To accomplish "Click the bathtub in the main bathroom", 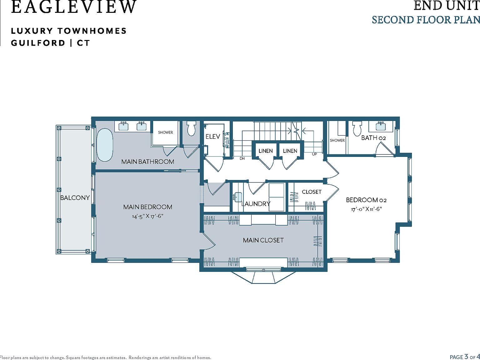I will coord(105,145).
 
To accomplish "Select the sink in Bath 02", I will coord(381,127).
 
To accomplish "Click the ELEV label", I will coord(213,137).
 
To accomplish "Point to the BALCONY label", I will coord(75,198).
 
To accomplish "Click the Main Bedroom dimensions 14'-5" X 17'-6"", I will coord(148,216).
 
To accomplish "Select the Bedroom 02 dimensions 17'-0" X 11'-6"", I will coord(366,209).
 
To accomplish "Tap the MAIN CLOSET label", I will coord(263,240).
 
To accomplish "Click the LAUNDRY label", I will coord(256,204).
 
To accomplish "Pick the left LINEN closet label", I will coord(266,151).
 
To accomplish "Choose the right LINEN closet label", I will coord(290,151).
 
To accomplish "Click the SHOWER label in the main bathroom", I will coord(165,132).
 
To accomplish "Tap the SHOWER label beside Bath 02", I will coord(337,140).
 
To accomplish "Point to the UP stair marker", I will coord(314,154).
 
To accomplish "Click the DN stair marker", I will coord(242,158).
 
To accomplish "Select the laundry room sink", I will coord(238,197).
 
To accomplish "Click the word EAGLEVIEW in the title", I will coord(74,7).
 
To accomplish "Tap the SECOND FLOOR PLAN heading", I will coord(426,20).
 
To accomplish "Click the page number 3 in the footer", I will coord(466,357).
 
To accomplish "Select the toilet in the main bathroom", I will coord(191,129).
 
